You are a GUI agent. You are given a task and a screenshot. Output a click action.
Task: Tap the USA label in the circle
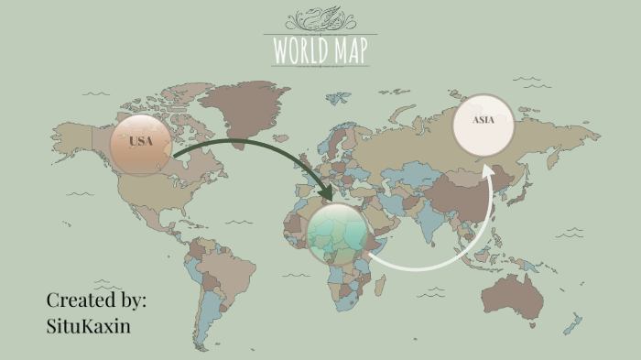pyautogui.click(x=141, y=141)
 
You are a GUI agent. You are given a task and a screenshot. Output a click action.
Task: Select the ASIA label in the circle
pyautogui.click(x=484, y=120)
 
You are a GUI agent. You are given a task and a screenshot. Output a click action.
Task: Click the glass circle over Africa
pyautogui.click(x=338, y=235)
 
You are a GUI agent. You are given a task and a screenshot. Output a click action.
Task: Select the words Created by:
pyautogui.click(x=96, y=300)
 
